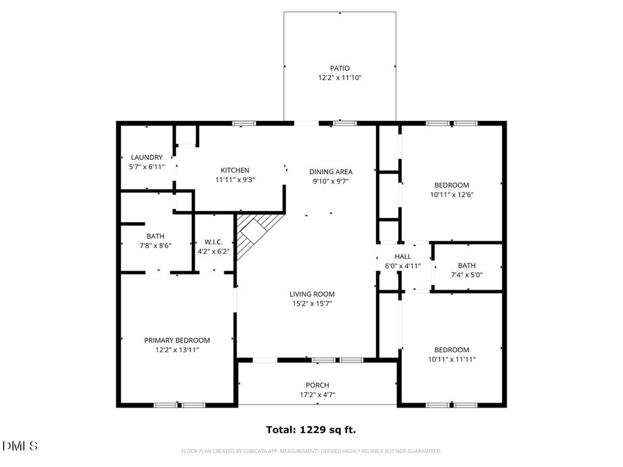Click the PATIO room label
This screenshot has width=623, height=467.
click(x=339, y=68)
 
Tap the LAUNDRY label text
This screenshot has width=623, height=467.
click(x=146, y=157)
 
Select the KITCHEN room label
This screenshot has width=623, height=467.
click(x=235, y=170)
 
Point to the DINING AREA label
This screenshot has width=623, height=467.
click(x=331, y=172)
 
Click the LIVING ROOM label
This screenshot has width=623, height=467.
click(x=312, y=294)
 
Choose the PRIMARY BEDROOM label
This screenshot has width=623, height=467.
click(x=177, y=340)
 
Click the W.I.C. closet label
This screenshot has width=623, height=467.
click(x=213, y=242)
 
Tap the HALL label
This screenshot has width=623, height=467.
click(x=403, y=256)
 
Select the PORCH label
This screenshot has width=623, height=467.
click(x=318, y=385)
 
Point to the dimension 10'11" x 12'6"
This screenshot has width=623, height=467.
click(x=451, y=194)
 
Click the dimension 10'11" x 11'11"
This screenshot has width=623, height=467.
click(x=451, y=359)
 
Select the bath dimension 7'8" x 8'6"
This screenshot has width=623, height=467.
click(x=154, y=245)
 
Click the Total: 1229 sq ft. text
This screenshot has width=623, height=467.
click(x=311, y=430)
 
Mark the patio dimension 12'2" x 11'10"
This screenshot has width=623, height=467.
click(x=339, y=77)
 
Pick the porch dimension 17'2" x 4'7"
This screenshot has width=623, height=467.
click(x=318, y=395)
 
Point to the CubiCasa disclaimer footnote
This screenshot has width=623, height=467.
click(x=311, y=451)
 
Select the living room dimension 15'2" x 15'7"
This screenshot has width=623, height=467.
click(x=312, y=303)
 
